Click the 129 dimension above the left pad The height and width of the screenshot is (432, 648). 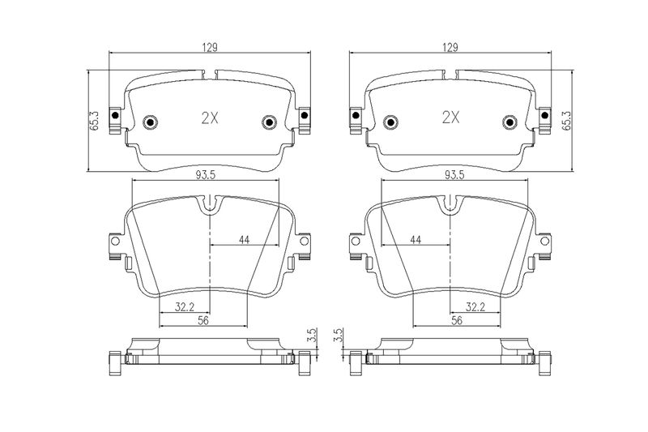[x=210, y=48]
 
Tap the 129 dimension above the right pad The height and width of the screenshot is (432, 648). [x=450, y=48]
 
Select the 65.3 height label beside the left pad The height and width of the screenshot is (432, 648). [x=94, y=121]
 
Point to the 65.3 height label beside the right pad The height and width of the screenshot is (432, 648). [x=566, y=121]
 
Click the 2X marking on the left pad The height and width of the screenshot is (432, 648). [x=210, y=118]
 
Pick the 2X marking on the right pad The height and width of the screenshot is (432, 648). [x=450, y=118]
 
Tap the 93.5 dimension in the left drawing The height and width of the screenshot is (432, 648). [x=206, y=175]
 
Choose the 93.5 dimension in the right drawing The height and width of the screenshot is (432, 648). [x=454, y=175]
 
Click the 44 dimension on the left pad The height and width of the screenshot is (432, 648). [x=245, y=239]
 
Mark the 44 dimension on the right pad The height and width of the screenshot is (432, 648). [x=416, y=239]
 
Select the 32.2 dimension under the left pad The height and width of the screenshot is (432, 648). [x=185, y=307]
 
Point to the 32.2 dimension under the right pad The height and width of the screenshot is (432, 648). [x=475, y=307]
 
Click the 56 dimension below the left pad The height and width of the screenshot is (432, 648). [x=203, y=320]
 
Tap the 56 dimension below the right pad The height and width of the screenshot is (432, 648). [x=457, y=320]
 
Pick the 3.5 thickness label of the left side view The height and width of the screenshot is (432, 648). [x=313, y=335]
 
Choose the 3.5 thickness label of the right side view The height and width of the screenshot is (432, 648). [x=339, y=335]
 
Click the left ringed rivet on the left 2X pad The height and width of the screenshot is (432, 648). [x=151, y=122]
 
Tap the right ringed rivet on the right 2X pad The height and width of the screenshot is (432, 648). [x=509, y=122]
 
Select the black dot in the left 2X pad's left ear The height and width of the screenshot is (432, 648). [x=115, y=115]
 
